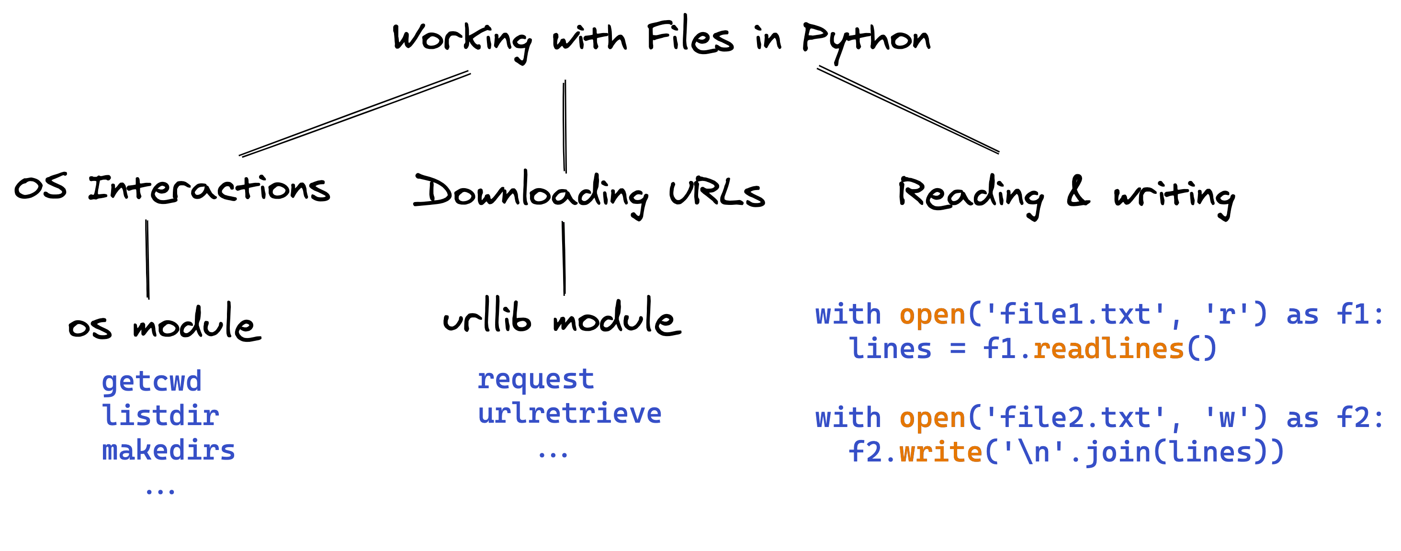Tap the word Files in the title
[x=689, y=37]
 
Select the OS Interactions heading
[x=172, y=189]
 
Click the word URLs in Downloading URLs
[x=717, y=193]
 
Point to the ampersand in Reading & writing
[x=1078, y=191]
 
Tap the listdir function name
[x=160, y=416]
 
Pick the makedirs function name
[x=169, y=451]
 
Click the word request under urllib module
[x=536, y=379]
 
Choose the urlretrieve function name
[x=569, y=414]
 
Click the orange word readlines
[x=1108, y=349]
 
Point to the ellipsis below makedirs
[x=160, y=491]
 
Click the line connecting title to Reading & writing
[x=908, y=110]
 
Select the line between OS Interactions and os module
[x=147, y=259]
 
